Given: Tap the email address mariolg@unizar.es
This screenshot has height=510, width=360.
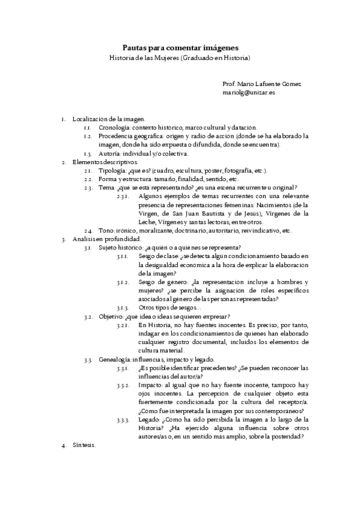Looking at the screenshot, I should pos(249,94).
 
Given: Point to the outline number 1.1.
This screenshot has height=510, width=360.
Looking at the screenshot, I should pos(87,128).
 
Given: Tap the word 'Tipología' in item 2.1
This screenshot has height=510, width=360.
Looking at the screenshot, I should pos(112,171).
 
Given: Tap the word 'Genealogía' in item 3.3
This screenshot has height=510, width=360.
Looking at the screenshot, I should pos(114,360).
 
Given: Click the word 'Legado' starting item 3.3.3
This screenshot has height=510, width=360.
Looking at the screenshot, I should pos(148,419).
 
